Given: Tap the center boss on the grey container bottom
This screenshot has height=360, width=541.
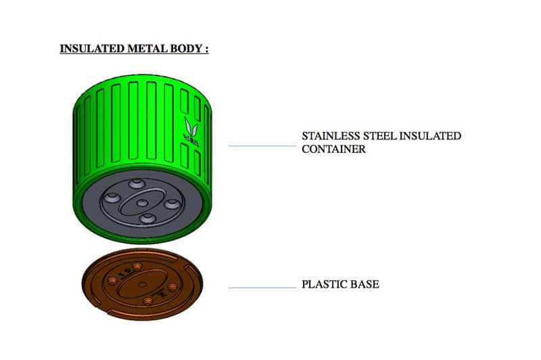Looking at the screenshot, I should [x=142, y=202].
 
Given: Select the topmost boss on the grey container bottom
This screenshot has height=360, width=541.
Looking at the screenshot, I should [x=139, y=183].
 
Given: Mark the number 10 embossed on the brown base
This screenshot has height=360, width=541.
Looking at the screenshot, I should [x=122, y=275].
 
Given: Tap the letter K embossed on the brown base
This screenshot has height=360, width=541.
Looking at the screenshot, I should [x=163, y=295].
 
